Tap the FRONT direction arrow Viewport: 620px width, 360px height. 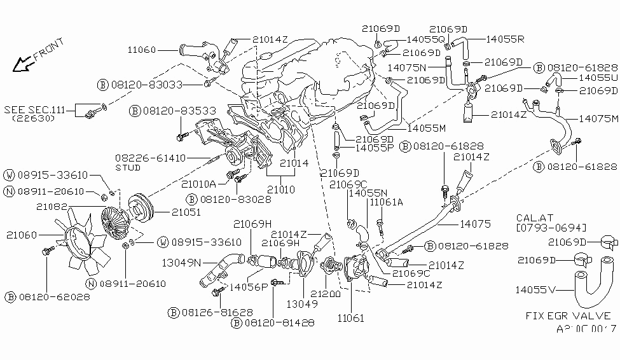[x=24, y=62]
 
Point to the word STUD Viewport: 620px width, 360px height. [x=128, y=168]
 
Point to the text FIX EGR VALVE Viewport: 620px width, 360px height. [x=568, y=315]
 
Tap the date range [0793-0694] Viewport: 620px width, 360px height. [x=551, y=227]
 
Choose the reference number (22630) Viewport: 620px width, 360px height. [x=32, y=119]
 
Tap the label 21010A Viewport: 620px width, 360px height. [x=199, y=184]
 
